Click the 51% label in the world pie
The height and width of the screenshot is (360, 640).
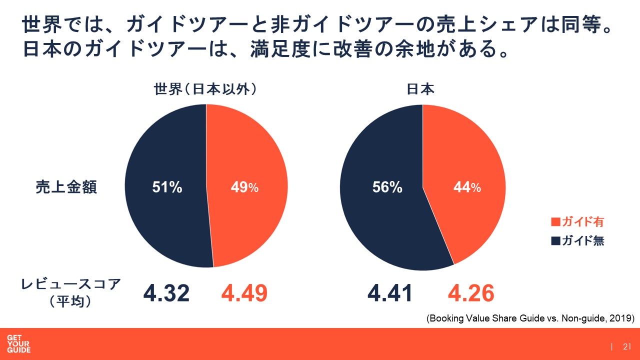167,187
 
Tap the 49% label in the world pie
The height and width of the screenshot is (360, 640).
244,187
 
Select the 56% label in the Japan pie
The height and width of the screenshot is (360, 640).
387,187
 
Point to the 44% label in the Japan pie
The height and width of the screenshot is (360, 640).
467,187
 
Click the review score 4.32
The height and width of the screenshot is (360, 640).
166,293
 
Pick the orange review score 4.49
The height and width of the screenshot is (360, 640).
244,293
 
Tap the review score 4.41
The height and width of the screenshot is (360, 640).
389,293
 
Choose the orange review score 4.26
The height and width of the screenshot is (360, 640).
471,293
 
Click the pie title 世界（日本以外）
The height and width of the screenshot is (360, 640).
205,89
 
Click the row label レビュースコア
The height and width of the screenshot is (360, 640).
71,284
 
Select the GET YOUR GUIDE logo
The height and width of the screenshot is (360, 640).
18,344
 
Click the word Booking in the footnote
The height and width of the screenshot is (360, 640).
445,318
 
